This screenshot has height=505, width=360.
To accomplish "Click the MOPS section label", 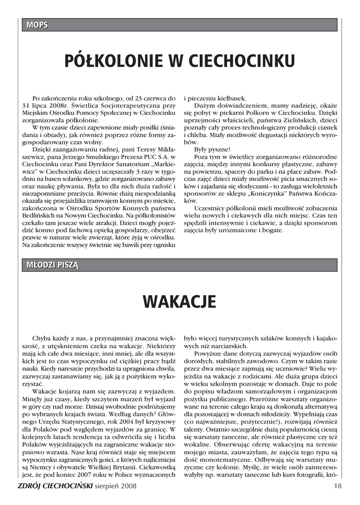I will (x=35, y=25).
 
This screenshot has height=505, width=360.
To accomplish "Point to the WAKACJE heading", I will (x=180, y=301).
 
